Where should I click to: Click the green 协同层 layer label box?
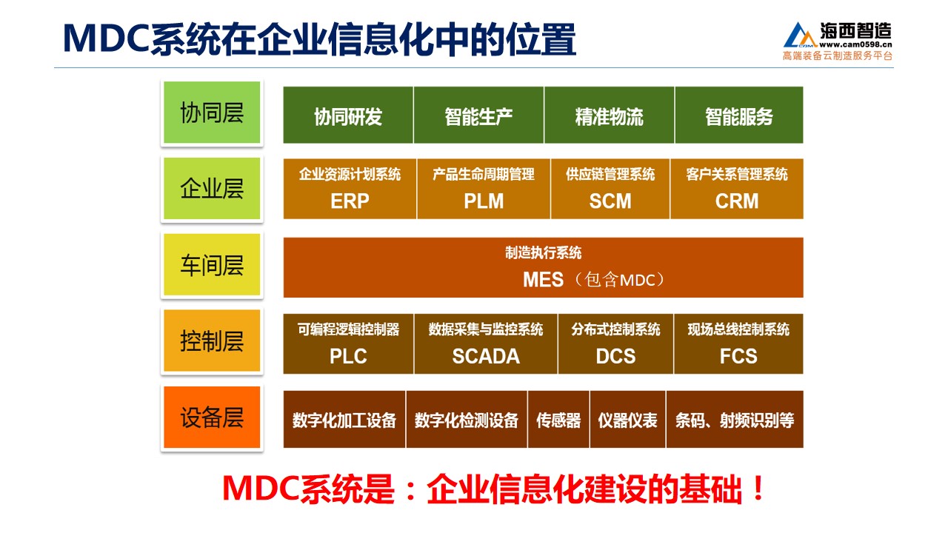[212, 113]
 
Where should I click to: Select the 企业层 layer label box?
[212, 188]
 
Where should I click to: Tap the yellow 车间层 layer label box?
[212, 264]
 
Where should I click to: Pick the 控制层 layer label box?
[212, 341]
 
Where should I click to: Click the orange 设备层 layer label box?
[212, 417]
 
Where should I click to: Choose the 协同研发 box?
[348, 115]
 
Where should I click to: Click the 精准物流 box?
[609, 115]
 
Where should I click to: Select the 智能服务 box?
[739, 115]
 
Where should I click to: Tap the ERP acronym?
[350, 201]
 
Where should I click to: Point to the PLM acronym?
[484, 201]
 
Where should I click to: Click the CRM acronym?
[737, 201]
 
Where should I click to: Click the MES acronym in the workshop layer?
[543, 280]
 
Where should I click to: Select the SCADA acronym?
[486, 356]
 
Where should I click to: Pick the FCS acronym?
[738, 356]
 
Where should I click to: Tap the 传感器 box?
[558, 419]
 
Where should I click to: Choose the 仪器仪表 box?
[627, 419]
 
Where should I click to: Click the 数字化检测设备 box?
[467, 419]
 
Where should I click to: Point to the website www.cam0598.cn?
[855, 44]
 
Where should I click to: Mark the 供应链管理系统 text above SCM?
[610, 174]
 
